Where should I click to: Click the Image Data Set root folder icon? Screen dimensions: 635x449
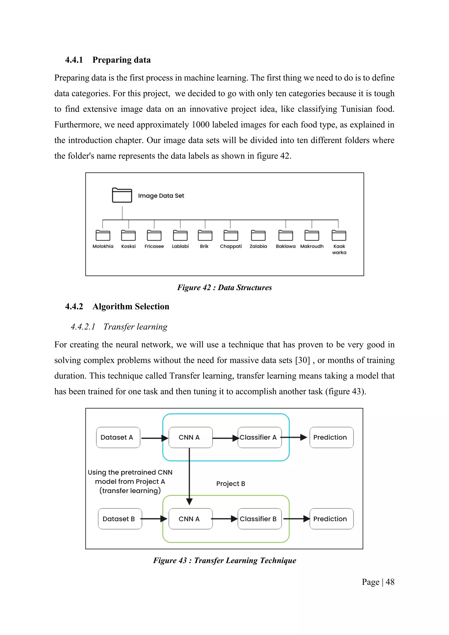click(122, 195)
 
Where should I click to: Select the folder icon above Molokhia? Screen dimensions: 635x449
click(103, 235)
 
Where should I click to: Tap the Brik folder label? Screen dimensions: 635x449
click(204, 246)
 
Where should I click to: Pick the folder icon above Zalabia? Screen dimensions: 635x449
click(258, 235)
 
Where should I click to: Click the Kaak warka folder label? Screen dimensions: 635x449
click(339, 249)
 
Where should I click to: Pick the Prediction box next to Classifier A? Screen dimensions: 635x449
click(331, 437)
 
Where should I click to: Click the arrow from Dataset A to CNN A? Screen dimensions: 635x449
click(154, 438)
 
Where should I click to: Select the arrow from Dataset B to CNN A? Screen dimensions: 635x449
click(154, 519)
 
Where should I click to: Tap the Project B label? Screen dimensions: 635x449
click(231, 484)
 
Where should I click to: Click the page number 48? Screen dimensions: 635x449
click(390, 582)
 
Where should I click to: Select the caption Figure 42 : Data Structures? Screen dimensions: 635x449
click(224, 288)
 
